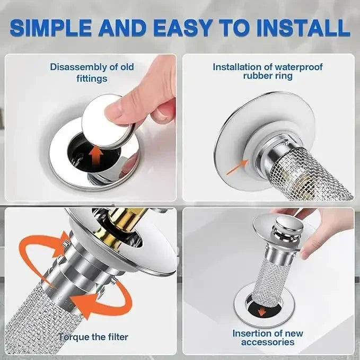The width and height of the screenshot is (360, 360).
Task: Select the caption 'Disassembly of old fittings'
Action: click(x=91, y=73)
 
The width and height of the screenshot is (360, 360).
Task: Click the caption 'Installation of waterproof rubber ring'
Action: click(x=267, y=72)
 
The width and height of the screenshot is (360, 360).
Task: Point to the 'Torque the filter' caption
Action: click(x=93, y=337)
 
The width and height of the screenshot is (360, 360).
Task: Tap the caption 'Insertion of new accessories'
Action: click(x=268, y=338)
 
